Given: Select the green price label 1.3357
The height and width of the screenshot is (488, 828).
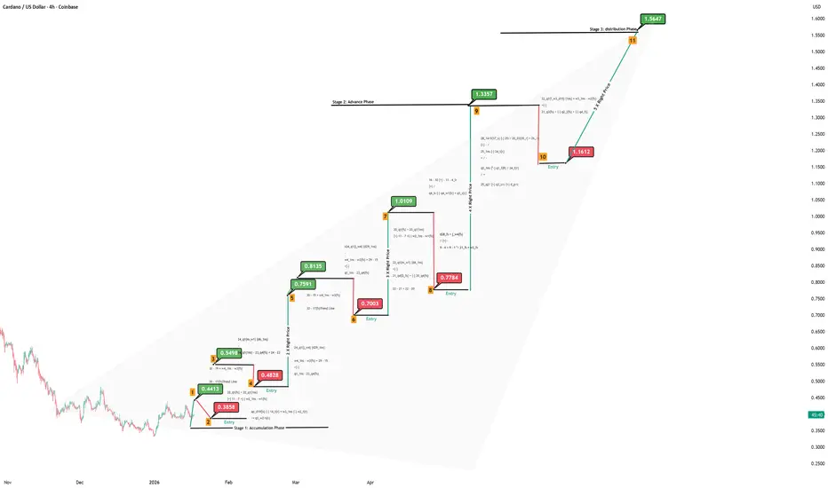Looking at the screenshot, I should [x=484, y=93].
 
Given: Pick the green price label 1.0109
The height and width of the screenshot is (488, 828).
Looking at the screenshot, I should [x=403, y=201].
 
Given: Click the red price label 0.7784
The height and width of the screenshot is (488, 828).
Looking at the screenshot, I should [x=450, y=278].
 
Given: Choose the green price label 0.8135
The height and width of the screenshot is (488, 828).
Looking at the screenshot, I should [x=313, y=265].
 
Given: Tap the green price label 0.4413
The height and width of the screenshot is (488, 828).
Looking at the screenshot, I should [x=211, y=389].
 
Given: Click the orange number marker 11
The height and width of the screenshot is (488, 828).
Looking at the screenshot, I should [x=632, y=41].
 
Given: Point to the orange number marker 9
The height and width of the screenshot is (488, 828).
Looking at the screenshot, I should [x=476, y=112].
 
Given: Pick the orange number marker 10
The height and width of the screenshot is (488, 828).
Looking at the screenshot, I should [x=542, y=156].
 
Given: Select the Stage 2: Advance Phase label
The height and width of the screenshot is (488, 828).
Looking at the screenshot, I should [x=353, y=102].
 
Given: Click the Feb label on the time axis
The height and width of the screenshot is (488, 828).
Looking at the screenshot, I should [x=228, y=482].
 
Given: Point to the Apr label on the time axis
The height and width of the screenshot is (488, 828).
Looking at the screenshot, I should [x=370, y=482].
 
